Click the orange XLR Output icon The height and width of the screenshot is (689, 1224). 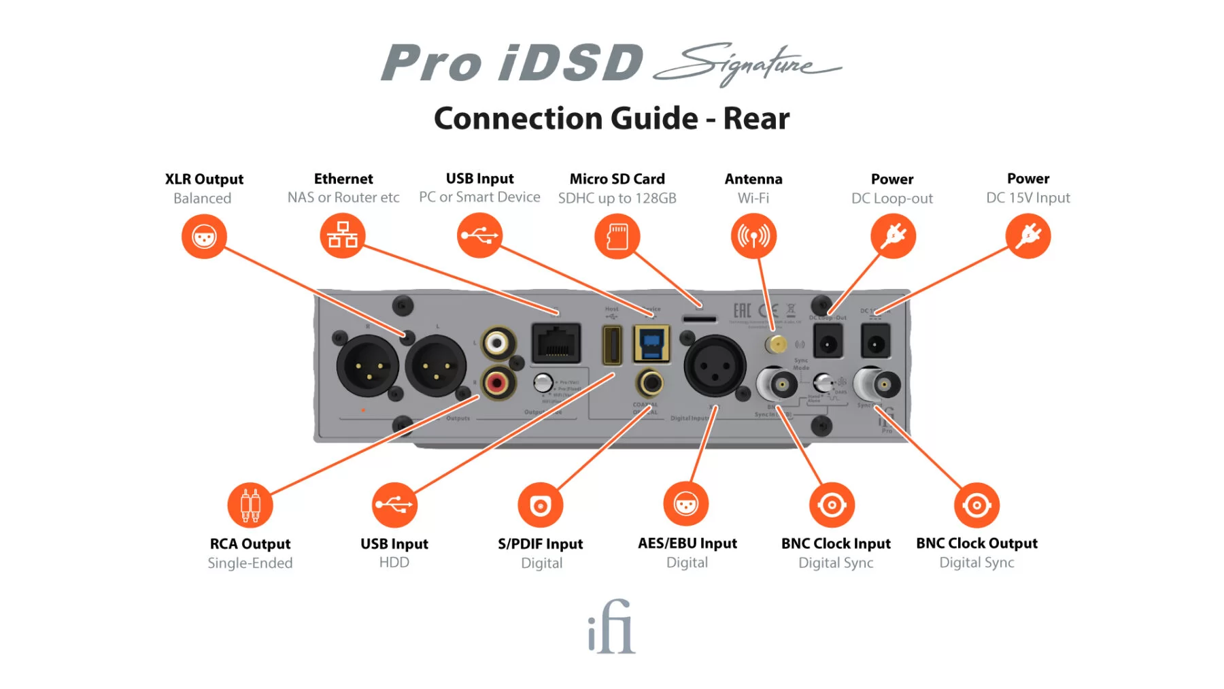204,237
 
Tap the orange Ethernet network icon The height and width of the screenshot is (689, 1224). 343,235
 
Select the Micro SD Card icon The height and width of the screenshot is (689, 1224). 617,236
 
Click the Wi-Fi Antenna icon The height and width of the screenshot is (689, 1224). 753,236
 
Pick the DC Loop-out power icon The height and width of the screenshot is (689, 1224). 893,236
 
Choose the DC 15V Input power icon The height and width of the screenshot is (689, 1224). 1028,236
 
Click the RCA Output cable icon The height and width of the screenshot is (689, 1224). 250,505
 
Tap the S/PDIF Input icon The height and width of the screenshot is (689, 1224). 541,505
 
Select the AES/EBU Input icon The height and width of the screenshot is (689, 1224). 686,505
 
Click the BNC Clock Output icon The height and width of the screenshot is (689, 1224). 976,505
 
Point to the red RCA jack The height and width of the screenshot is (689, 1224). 498,383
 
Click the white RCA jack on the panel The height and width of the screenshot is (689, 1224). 497,342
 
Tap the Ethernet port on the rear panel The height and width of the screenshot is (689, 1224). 556,343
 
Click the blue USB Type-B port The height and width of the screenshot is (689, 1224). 651,343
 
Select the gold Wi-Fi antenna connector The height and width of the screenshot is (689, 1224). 776,344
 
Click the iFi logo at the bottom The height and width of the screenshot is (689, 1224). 611,626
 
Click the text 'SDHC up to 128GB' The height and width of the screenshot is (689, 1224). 617,199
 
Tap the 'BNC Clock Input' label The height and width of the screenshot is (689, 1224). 836,543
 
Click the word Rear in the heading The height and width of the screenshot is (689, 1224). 756,118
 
